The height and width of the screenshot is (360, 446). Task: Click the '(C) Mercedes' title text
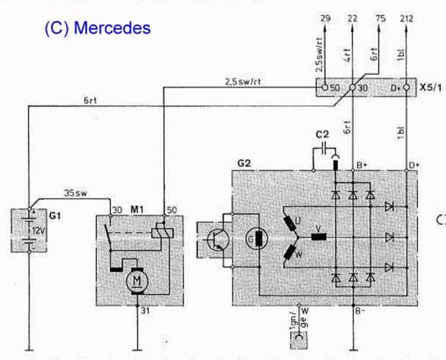(97, 28)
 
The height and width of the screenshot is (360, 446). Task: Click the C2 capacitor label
(322, 135)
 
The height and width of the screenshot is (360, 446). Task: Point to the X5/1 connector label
(431, 88)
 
